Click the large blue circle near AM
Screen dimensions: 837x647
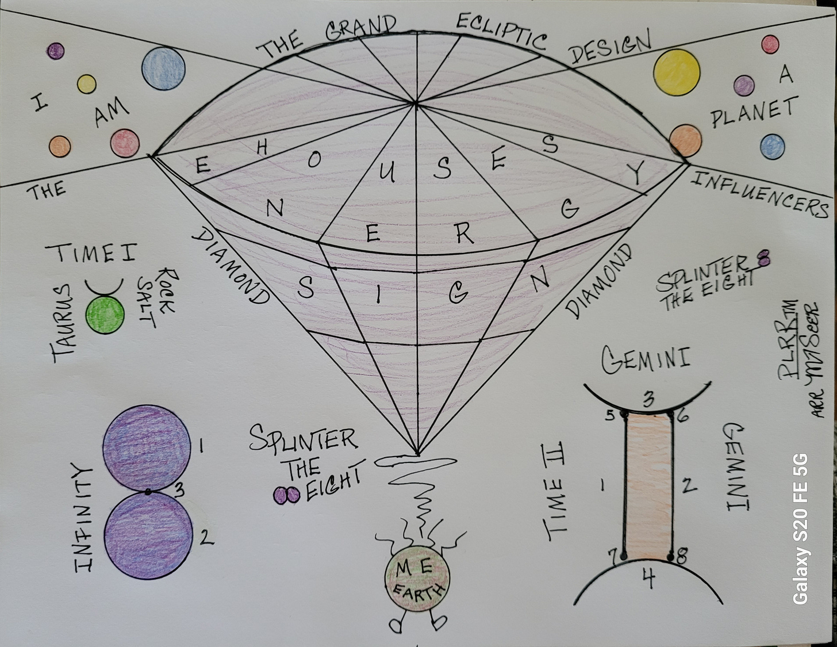coord(164,69)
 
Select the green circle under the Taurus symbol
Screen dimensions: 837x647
coord(105,315)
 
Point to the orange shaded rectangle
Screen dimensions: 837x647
coord(648,486)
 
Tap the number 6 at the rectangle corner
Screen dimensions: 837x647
coord(682,415)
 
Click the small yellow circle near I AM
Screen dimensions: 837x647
coord(87,84)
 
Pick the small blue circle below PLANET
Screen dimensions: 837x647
coord(771,147)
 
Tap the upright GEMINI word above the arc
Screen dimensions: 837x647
coord(646,359)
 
